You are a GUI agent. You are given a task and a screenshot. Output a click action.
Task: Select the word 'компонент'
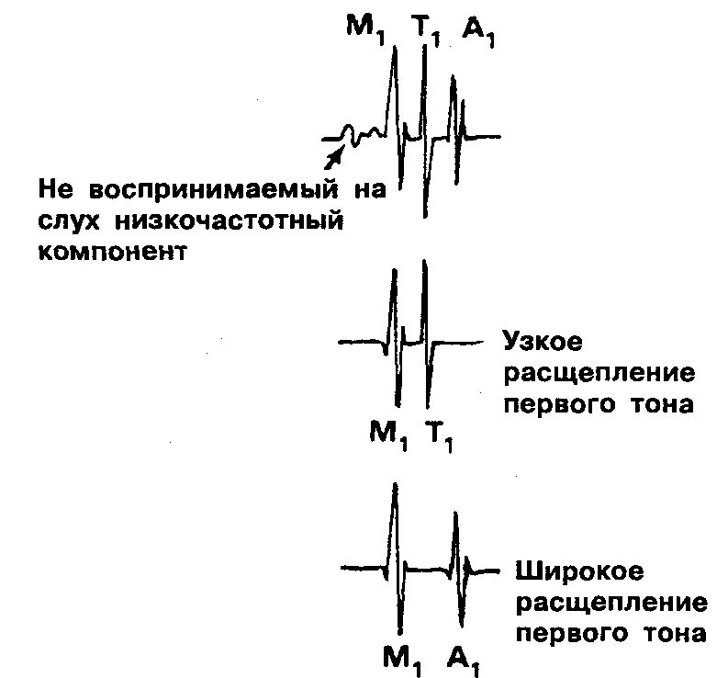(x=113, y=252)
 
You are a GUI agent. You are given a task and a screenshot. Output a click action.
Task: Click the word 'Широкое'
(x=566, y=572)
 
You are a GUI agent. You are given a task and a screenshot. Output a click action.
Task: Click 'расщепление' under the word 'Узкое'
(x=598, y=373)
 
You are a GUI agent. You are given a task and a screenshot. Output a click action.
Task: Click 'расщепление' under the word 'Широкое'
(x=610, y=604)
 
